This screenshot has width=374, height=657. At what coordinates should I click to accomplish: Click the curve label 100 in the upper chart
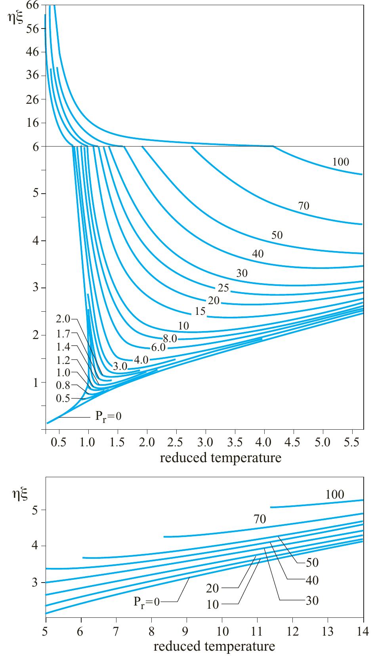coord(341,162)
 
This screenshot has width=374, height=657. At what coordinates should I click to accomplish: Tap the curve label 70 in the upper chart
coord(303,206)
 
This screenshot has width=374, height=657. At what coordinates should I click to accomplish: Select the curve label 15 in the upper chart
coord(200,311)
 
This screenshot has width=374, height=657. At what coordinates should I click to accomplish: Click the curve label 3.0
coord(120,367)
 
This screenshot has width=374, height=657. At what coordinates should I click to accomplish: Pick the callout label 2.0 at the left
coord(63,319)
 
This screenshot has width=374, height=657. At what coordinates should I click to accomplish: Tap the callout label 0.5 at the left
coord(63,398)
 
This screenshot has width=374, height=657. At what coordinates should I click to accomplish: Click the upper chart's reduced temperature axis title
coord(220,458)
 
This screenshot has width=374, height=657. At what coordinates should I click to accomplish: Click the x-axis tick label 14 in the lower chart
coord(363,630)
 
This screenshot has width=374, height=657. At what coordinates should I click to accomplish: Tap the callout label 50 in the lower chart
coord(313,563)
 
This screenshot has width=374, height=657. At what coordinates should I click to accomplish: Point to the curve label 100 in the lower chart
coord(335,495)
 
